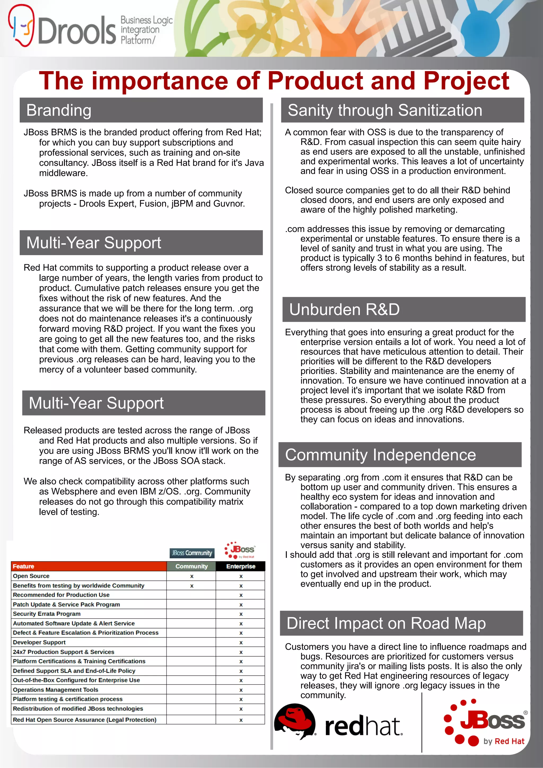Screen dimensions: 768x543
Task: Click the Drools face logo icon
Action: point(21,25)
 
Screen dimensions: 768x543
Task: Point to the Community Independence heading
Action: point(380,455)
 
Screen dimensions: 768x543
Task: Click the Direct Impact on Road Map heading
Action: point(386,624)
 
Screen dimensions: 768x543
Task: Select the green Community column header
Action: point(191,566)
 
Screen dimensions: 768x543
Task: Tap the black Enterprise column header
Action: point(240,566)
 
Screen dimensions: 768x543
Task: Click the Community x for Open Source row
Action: point(192,576)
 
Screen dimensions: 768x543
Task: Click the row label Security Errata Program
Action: point(47,614)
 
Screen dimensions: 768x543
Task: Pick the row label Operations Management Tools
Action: point(55,690)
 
